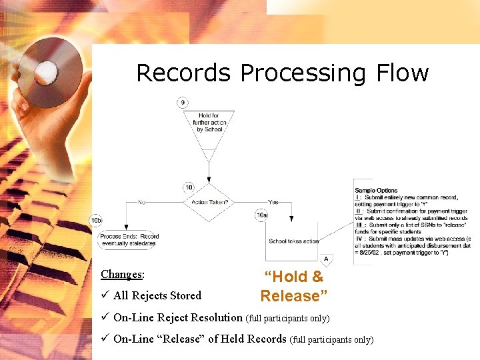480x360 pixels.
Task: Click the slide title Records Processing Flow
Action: pyautogui.click(x=282, y=73)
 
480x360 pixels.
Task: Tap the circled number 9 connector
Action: pyautogui.click(x=183, y=102)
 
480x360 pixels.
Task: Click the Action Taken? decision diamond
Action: pyautogui.click(x=209, y=202)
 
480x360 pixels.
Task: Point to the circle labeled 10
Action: pyautogui.click(x=189, y=187)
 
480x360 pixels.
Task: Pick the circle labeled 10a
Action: pyautogui.click(x=262, y=215)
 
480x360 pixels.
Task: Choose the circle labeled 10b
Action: pyautogui.click(x=97, y=220)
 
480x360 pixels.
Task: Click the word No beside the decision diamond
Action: pyautogui.click(x=141, y=202)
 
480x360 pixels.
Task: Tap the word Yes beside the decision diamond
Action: pyautogui.click(x=273, y=202)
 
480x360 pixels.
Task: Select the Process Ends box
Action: pyautogui.click(x=129, y=240)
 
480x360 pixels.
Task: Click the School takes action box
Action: pyautogui.click(x=293, y=241)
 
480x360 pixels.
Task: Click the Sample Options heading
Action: pyautogui.click(x=376, y=191)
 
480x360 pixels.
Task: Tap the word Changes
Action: pyautogui.click(x=122, y=274)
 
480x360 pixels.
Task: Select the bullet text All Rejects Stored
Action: pyautogui.click(x=157, y=295)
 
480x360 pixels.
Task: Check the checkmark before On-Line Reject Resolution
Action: pyautogui.click(x=105, y=317)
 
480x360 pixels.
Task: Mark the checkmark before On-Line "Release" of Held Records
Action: pyautogui.click(x=105, y=339)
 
